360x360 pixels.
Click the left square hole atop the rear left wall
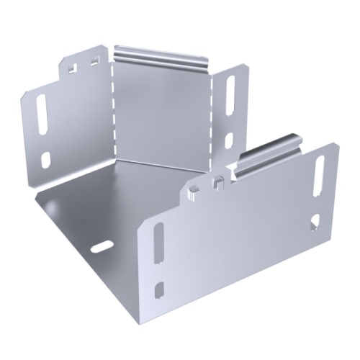73,68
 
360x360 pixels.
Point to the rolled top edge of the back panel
160,55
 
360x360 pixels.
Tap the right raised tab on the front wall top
215,183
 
